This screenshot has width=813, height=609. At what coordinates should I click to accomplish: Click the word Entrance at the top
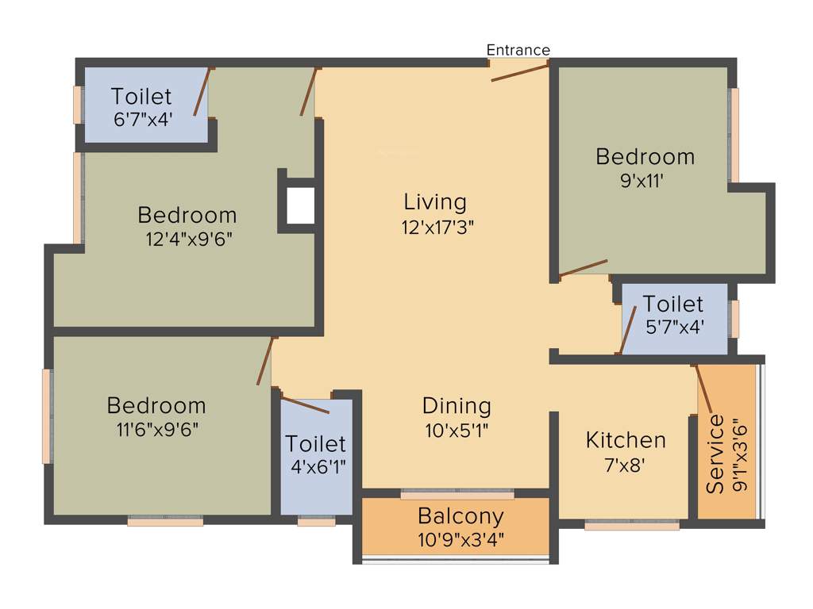pos(518,50)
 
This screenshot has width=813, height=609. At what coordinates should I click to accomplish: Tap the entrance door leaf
pos(519,73)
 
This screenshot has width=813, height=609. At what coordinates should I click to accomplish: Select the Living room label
pos(434,201)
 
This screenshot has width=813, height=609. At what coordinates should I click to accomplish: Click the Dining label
pos(457,406)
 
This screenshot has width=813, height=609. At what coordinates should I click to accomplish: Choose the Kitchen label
pos(626,439)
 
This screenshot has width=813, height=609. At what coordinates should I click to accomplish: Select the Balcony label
pos(460,516)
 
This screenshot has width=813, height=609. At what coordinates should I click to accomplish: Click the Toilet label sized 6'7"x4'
pos(141,97)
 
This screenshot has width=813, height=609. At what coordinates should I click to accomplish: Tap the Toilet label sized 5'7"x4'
pos(673,304)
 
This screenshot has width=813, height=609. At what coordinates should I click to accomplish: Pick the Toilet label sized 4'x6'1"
pos(316,443)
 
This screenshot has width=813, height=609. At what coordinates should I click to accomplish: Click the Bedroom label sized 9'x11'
pos(645,156)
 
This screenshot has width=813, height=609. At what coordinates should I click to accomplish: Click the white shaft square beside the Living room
pos(301,205)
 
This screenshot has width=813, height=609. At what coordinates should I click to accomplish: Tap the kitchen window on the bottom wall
pos(632,525)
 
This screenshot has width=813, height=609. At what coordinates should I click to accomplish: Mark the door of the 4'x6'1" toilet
pos(306,405)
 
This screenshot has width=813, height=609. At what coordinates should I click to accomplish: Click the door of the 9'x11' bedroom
pos(584,268)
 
